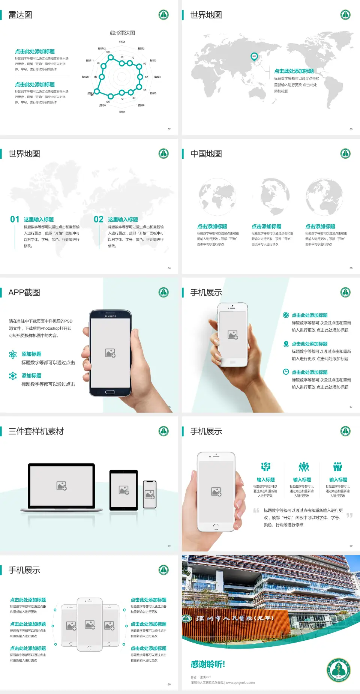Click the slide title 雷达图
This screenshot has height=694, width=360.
point(20,15)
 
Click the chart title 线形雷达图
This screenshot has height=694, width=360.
point(122,33)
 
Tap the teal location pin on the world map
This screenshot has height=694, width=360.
point(254,57)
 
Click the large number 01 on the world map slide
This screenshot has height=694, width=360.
point(15,219)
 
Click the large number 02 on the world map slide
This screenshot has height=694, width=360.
point(99,219)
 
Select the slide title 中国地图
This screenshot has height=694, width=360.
point(206,154)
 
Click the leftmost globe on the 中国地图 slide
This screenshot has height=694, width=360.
point(217,197)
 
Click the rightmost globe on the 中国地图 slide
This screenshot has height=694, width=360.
point(324,197)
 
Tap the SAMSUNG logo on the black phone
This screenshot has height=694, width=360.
point(110,316)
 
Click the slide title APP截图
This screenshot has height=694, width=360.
point(24,293)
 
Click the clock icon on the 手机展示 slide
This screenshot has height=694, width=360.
point(286,372)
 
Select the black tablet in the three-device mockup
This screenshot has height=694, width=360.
point(123,490)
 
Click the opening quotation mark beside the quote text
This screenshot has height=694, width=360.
point(256,511)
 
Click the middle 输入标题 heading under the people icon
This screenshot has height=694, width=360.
point(302,480)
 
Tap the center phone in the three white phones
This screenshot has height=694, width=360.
point(90,624)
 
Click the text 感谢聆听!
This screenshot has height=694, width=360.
point(208,664)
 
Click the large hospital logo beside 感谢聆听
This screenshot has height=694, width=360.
point(339,670)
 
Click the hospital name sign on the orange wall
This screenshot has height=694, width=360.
point(234,619)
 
